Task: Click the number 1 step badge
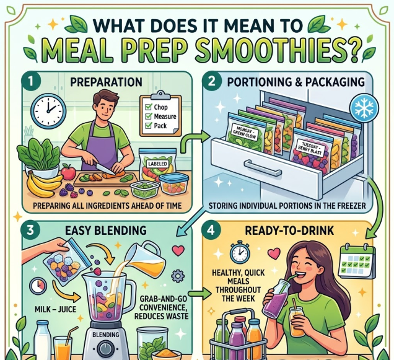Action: (x=30, y=81)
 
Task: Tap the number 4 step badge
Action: (x=211, y=230)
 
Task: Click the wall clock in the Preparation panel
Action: (x=48, y=111)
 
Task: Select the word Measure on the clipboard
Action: (x=165, y=116)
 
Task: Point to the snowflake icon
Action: (x=364, y=108)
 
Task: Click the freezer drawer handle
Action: (x=263, y=168)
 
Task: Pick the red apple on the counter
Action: (x=68, y=172)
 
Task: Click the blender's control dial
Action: (x=105, y=349)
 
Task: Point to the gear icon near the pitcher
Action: (x=178, y=276)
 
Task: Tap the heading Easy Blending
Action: (x=106, y=230)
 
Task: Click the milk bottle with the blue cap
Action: (x=43, y=340)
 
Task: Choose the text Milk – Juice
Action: (x=56, y=309)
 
